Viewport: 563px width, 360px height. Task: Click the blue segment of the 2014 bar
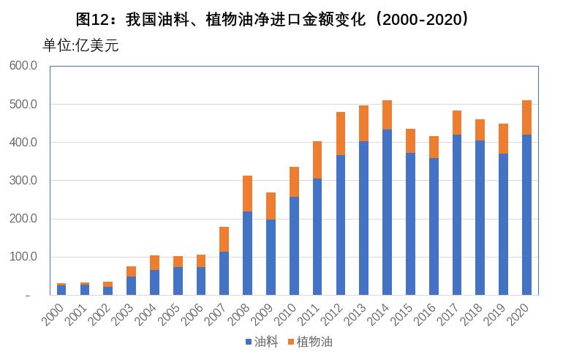pos(388,212)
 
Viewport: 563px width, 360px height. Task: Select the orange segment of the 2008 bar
pos(248,193)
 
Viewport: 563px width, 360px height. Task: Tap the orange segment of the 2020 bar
pos(526,117)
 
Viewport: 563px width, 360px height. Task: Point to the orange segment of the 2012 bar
pos(341,133)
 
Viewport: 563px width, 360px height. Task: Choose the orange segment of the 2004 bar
pos(154,263)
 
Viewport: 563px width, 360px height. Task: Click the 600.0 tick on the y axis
pos(23,66)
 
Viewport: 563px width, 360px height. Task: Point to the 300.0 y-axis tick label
pos(23,181)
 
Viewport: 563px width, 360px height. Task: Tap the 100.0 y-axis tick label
pos(23,257)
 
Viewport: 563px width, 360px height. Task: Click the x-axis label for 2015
pos(404,313)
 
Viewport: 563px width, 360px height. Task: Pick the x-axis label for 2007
pos(218,313)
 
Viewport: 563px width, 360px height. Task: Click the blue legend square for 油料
pos(249,342)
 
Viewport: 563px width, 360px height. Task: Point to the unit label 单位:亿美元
pos(80,45)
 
